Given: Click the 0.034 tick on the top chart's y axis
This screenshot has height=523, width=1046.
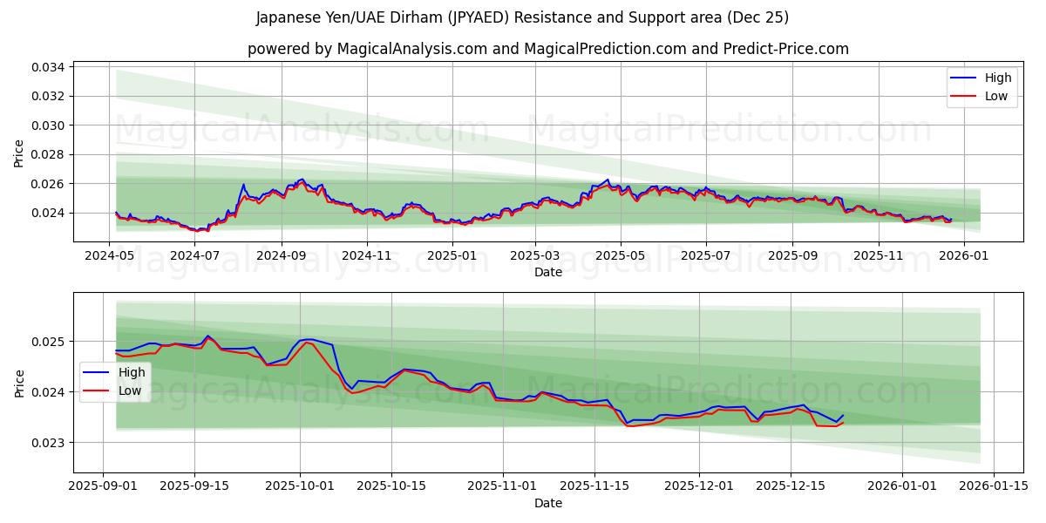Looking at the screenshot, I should click(x=49, y=67).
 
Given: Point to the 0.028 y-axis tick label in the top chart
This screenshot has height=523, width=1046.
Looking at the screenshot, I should click(x=49, y=154).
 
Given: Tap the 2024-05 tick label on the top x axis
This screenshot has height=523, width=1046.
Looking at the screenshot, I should click(x=109, y=256).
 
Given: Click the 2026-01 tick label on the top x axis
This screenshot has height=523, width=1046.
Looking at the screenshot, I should click(x=963, y=256).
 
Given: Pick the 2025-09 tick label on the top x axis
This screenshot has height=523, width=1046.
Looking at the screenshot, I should click(x=792, y=256).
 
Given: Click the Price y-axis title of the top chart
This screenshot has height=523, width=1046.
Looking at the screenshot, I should click(x=19, y=153).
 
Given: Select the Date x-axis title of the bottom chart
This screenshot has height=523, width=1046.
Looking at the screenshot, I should click(x=548, y=503).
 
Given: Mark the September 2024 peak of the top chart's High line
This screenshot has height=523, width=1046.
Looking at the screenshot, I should click(x=302, y=180).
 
